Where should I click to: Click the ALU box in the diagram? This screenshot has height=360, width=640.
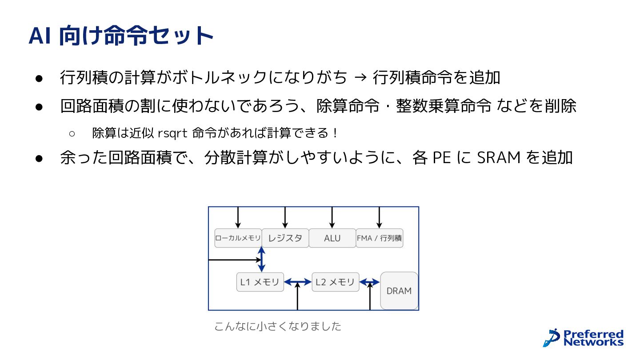pos(332,238)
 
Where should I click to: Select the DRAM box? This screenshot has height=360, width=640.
pos(399,291)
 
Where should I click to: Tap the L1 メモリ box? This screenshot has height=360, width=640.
pos(260,282)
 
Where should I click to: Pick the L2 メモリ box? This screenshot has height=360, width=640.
pos(336,282)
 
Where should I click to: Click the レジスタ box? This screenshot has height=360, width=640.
pos(285,238)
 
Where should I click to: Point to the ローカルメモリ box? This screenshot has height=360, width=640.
pos(238,238)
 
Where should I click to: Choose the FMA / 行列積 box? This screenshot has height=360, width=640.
pos(380,238)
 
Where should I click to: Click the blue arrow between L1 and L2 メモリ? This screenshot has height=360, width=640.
pos(298,282)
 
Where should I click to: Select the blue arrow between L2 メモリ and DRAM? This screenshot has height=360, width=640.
pos(370,282)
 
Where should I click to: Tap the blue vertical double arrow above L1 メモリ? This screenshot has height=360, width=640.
pos(261,259)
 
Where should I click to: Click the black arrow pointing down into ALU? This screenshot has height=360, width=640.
pos(332,217)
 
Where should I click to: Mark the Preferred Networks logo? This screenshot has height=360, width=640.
pos(583,338)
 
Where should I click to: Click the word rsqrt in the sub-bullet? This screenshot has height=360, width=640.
pos(172,133)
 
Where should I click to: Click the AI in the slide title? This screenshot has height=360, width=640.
pos(40,36)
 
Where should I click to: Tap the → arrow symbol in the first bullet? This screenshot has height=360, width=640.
pos(360,77)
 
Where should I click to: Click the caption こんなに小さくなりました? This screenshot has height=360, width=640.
pos(278,326)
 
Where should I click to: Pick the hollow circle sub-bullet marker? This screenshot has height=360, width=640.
pos(72,133)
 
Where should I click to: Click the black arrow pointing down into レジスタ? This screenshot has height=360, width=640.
pos(285,217)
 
